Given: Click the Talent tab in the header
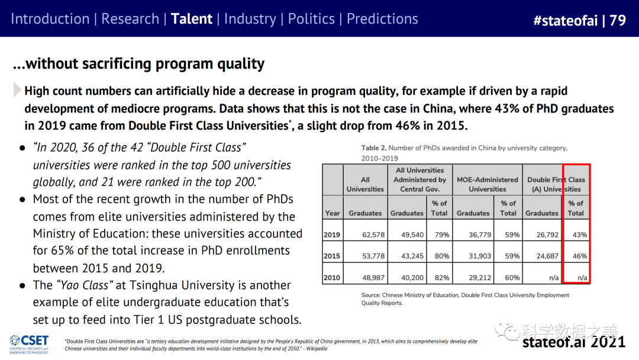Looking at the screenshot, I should tap(191, 19).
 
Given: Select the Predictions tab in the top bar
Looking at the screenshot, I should tap(382, 19).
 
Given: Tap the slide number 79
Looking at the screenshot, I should tap(617, 21).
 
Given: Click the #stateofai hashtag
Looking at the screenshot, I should tap(565, 21).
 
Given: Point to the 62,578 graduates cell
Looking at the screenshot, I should tap(373, 234).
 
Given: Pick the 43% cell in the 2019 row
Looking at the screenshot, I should tap(580, 234).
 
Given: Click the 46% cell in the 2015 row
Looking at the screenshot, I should tap(580, 256).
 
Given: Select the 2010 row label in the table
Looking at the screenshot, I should tap(332, 277).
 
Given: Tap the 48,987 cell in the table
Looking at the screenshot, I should tap(373, 277).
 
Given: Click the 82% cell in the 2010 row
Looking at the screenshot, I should tap(439, 277).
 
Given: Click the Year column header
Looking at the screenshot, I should tap(333, 213).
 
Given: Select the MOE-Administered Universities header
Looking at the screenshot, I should tap(487, 184).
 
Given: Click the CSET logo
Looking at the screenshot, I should tap(30, 343).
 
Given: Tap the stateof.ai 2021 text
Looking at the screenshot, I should tap(573, 342).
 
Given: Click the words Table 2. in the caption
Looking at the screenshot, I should tap(374, 148).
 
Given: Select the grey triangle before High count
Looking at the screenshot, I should tap(17, 91).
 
